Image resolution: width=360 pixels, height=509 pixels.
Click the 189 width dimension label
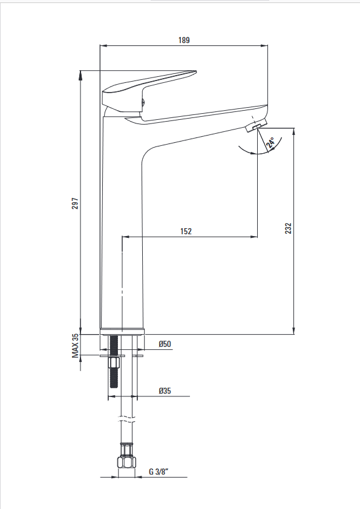pos(184,40)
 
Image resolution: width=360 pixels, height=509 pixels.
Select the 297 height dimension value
pos(75,203)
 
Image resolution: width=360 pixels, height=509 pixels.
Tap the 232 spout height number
pos(288,228)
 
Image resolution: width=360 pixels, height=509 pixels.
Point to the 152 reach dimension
pos(186,231)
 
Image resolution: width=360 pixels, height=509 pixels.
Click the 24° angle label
pos(270,142)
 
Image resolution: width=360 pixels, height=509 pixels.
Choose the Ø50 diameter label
pos(165,344)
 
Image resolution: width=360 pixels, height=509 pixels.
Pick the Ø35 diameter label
pos(165,390)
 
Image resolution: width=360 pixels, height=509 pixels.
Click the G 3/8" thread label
pos(159,471)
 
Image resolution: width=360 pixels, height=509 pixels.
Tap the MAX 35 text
pos(75,346)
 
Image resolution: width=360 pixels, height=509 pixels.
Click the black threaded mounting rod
pos(114,361)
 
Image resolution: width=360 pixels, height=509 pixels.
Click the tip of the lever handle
pos(196,71)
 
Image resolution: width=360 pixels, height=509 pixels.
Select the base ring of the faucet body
pos(122,332)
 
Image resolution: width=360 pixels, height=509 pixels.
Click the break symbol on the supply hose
pos(126,419)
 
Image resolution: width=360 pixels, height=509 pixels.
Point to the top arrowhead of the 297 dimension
pos(80,74)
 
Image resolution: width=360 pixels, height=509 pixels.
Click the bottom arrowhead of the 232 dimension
pos(294,330)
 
